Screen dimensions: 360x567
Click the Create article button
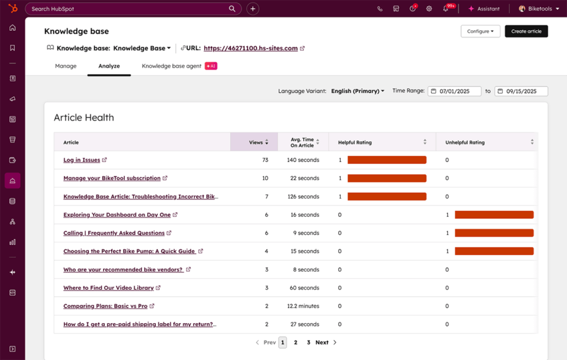click(526, 31)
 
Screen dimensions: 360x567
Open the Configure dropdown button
click(480, 31)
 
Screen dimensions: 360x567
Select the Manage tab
click(66, 66)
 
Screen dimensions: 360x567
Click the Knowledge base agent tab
click(172, 66)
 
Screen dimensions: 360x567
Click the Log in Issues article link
click(81, 160)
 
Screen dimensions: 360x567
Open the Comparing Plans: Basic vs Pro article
click(105, 306)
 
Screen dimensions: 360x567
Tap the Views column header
click(256, 142)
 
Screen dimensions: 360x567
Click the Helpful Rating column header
click(355, 142)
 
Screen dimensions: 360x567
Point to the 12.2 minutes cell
click(303, 306)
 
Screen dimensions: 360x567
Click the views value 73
click(265, 160)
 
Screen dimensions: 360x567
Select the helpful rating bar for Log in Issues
click(386, 160)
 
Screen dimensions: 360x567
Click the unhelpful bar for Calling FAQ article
click(494, 233)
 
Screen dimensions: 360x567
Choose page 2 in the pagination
click(295, 342)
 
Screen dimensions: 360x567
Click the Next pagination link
click(322, 342)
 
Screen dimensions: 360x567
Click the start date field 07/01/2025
click(455, 91)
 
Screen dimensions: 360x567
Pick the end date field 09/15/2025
click(521, 91)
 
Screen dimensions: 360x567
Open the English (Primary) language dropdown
click(357, 91)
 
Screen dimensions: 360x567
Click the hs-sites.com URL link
click(251, 48)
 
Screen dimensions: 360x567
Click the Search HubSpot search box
click(129, 9)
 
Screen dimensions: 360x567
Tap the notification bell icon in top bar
click(446, 9)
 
